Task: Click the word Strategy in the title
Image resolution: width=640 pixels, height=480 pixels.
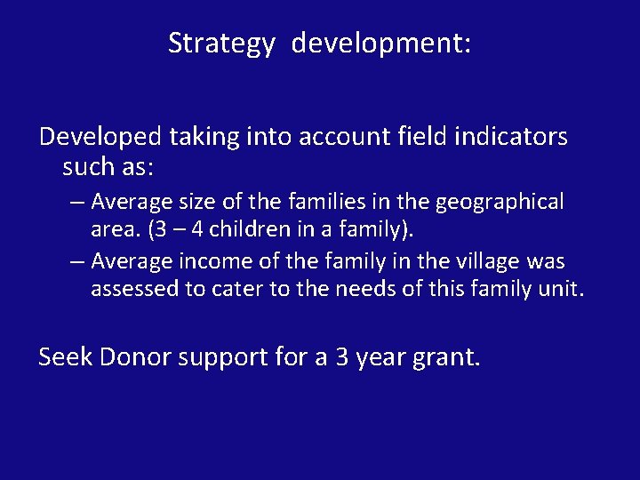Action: [221, 43]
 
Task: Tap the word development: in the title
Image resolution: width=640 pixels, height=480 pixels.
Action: [381, 43]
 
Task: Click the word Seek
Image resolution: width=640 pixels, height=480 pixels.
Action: [66, 357]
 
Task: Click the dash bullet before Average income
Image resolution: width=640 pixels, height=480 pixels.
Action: [76, 262]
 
